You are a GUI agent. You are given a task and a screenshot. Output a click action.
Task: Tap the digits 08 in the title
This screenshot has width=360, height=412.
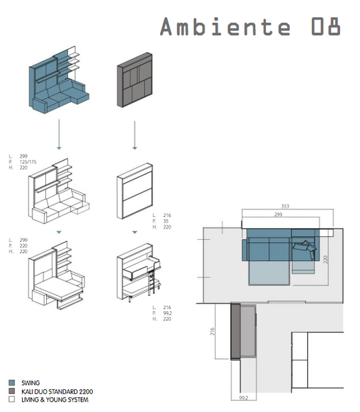click(325, 27)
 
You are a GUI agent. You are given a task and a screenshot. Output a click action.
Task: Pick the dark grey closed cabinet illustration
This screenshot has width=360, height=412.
click(135, 80)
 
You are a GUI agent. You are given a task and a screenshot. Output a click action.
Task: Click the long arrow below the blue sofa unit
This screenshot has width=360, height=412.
click(59, 133)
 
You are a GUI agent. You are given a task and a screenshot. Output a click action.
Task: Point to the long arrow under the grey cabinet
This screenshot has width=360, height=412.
click(135, 133)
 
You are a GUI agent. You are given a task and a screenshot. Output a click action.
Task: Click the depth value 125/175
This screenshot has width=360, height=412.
click(29, 161)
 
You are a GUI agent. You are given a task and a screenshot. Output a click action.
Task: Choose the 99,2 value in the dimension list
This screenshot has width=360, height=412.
click(168, 313)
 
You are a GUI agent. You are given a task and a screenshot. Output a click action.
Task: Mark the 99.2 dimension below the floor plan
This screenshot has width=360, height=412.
click(243, 397)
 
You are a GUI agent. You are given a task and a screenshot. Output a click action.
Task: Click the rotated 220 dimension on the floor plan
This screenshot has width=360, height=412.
click(327, 260)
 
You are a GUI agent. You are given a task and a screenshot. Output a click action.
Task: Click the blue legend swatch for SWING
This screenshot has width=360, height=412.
click(12, 382)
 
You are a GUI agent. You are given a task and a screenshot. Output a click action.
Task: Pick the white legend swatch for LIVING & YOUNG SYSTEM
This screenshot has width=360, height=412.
click(12, 399)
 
